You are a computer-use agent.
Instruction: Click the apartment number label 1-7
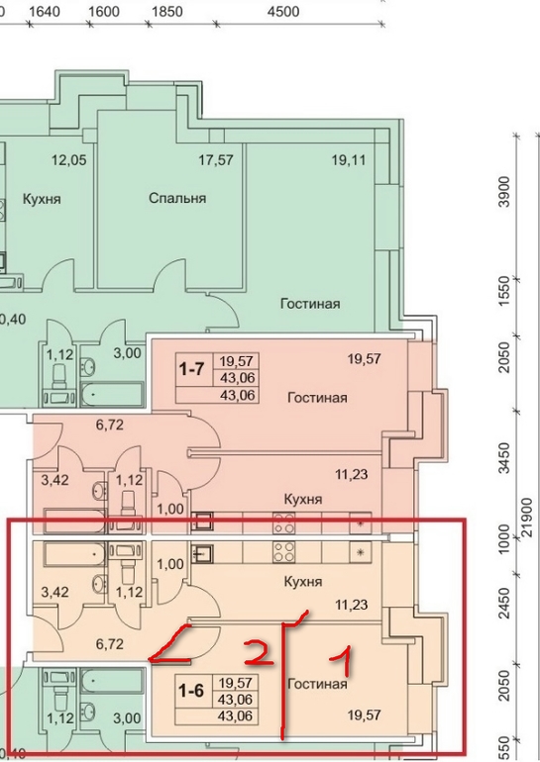point(191,370)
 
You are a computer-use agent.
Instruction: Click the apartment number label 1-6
point(191,691)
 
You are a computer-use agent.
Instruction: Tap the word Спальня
point(177,198)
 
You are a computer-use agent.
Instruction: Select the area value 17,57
point(216,160)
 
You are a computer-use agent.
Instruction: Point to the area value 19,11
point(349,160)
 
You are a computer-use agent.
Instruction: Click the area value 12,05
point(69,160)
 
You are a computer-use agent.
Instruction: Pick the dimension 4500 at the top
point(283,11)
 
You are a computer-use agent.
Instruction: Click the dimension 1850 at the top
point(166,11)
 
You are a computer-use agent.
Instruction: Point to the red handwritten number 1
point(343,661)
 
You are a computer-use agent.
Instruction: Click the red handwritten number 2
point(259,653)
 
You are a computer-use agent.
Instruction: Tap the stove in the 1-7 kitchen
point(283,524)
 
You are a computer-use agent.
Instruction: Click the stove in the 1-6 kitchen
point(283,552)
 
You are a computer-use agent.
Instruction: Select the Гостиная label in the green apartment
point(310,304)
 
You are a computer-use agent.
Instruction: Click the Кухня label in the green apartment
point(42,199)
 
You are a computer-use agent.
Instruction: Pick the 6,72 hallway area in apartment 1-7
point(109,425)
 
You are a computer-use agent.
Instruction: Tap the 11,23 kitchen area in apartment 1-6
point(351,605)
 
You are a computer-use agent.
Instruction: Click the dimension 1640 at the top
point(45,11)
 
